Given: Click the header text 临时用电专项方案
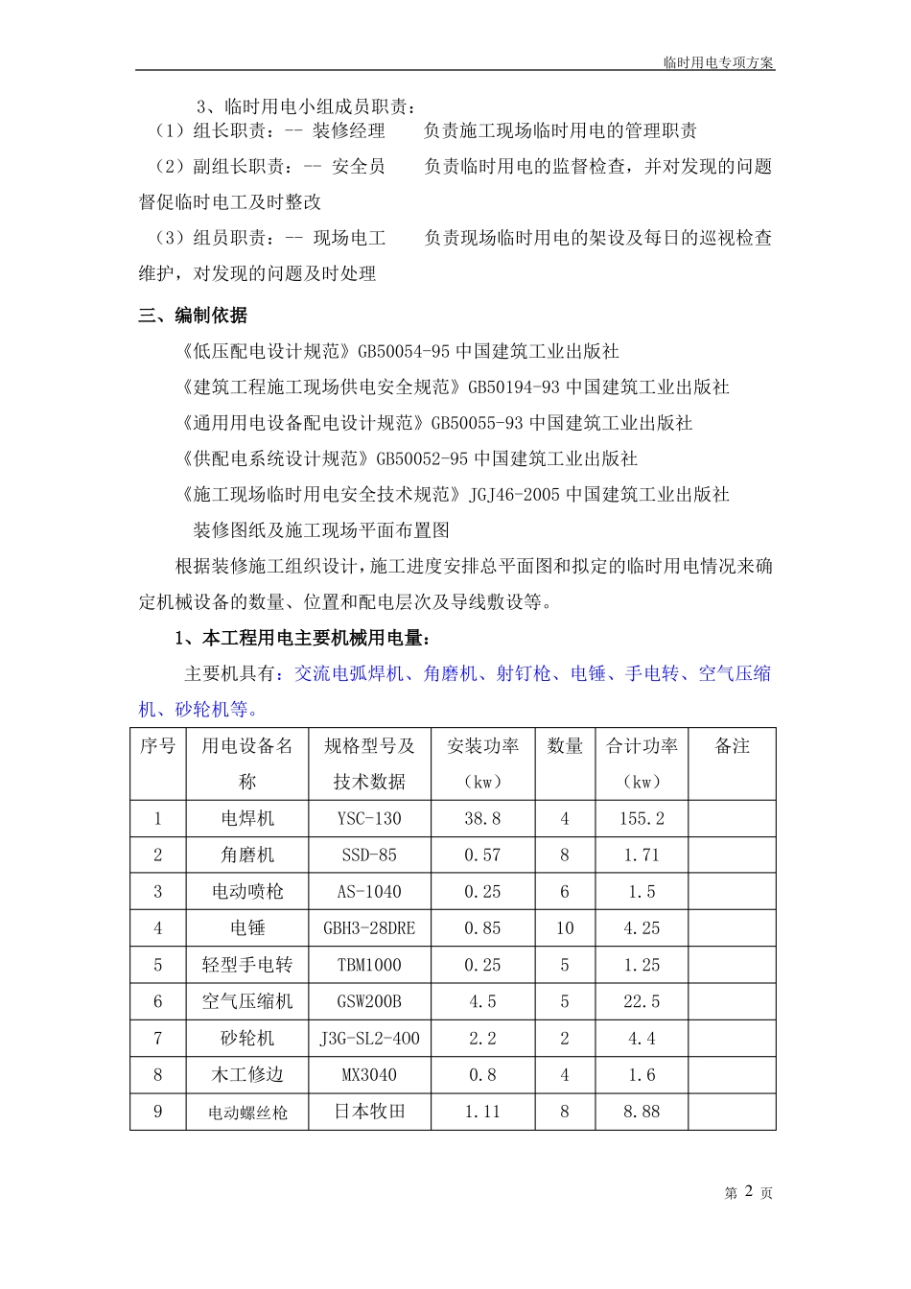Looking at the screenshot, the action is tap(718, 62).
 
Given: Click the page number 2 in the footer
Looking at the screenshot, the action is tap(750, 1191).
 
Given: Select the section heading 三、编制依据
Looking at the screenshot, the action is tap(194, 315).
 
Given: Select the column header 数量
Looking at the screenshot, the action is tap(565, 746).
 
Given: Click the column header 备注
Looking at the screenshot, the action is tap(732, 746).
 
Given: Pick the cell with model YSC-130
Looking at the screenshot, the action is tap(369, 819).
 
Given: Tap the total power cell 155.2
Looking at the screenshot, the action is tap(642, 819).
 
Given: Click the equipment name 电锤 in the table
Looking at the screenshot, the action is tap(247, 928).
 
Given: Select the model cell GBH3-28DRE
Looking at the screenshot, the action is tap(369, 928).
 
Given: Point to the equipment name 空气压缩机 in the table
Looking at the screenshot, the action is tap(247, 1001).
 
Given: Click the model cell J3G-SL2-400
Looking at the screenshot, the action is tap(369, 1039).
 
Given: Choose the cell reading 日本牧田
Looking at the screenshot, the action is tap(369, 1112).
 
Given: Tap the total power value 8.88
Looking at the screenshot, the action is tap(642, 1112).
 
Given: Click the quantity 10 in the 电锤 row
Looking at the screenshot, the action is tap(565, 928).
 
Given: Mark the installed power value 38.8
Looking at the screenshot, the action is tap(482, 819).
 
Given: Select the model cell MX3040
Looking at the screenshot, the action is tap(369, 1075).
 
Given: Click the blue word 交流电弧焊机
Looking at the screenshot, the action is tap(349, 674).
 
